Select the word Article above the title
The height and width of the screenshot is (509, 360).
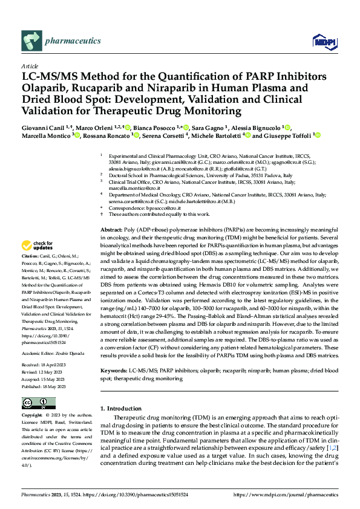click(x=30, y=66)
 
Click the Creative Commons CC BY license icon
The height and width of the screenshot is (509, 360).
click(x=38, y=403)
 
